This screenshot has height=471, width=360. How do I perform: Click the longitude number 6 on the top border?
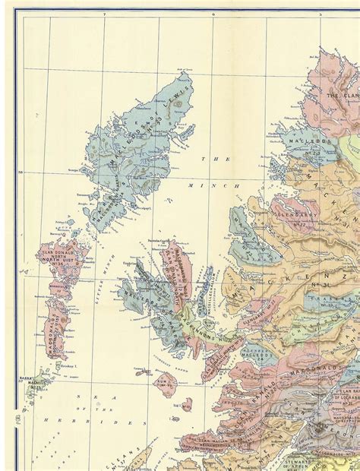pyautogui.click(x=213, y=14)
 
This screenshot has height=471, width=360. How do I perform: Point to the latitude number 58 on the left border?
pyautogui.click(x=21, y=173)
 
